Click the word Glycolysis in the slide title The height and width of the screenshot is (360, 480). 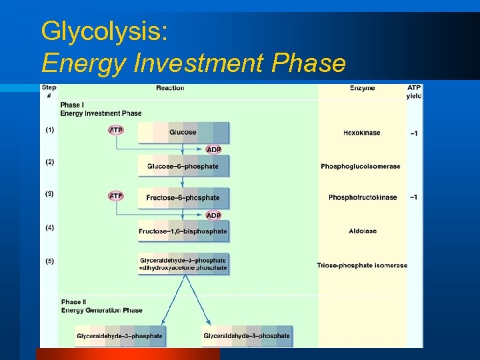click(103, 31)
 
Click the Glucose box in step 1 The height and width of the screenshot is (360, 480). click(183, 132)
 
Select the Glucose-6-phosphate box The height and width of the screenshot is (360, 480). click(183, 165)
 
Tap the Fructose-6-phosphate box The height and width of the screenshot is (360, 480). click(183, 197)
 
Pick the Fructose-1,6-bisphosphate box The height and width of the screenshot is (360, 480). click(183, 231)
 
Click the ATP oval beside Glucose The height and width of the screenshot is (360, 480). click(116, 130)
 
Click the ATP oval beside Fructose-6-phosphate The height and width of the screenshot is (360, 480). click(116, 196)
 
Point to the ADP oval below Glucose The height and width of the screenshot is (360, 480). click(213, 149)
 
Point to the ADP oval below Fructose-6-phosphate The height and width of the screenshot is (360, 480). click(213, 215)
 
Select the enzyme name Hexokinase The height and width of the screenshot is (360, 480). click(361, 133)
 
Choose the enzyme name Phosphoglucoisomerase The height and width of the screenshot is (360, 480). click(361, 166)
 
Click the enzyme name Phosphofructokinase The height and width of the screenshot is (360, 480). click(363, 197)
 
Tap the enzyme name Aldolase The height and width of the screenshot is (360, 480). click(362, 231)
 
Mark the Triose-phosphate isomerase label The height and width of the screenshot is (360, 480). click(362, 265)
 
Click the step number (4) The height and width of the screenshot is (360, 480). click(50, 228)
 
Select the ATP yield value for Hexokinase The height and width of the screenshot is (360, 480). click(414, 133)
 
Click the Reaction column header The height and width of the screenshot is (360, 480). click(170, 88)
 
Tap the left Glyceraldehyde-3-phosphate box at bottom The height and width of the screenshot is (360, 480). click(119, 336)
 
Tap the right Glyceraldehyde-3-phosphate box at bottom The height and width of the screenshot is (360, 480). click(247, 336)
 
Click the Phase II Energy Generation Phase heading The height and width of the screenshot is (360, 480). click(101, 306)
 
